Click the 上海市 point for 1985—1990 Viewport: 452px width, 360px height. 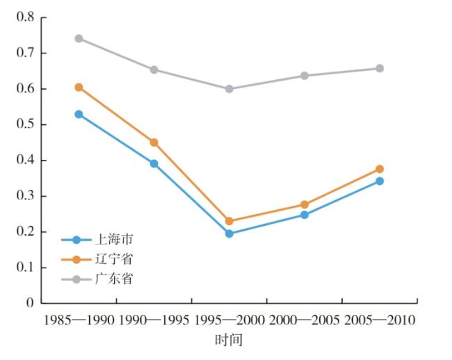[79, 114]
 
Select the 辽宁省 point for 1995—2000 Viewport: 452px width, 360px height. [229, 221]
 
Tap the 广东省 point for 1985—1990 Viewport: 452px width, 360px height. [79, 38]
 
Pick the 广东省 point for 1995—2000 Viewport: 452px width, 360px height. [229, 89]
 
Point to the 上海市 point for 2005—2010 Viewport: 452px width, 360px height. [380, 181]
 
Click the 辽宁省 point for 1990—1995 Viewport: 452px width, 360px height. [154, 142]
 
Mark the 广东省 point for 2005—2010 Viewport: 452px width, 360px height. [380, 68]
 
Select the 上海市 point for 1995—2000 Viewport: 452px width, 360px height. [229, 234]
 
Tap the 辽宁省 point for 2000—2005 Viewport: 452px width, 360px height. [305, 204]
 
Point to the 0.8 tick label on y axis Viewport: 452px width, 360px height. [25, 17]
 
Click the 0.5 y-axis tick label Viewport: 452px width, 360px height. [25, 124]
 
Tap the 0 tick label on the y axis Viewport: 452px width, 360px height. [30, 303]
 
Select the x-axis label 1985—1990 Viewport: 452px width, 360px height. [79, 320]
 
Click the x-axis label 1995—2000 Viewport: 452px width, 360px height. [229, 320]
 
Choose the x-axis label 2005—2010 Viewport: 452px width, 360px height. [380, 320]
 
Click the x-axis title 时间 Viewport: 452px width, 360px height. [229, 340]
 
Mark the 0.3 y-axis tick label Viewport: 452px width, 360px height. [25, 196]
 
